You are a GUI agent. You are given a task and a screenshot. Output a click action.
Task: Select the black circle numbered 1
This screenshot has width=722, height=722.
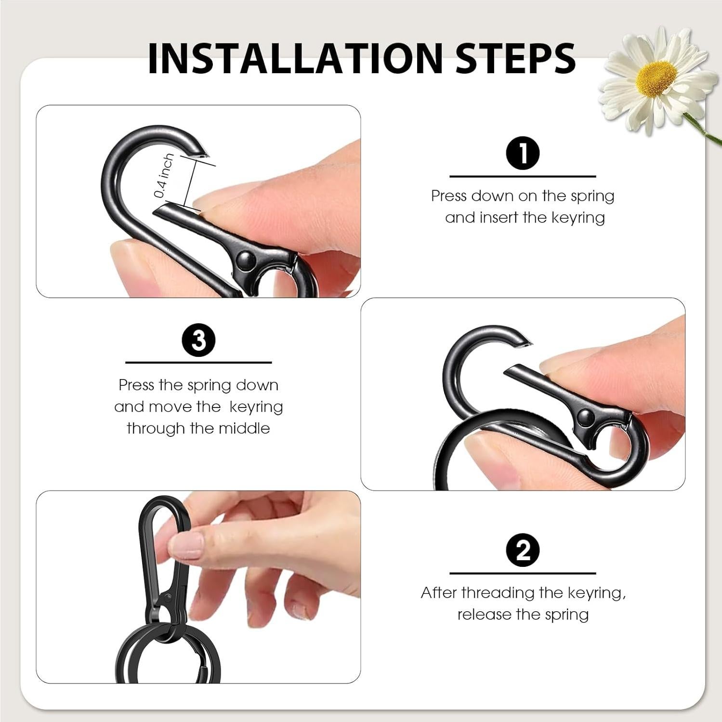[x=523, y=153]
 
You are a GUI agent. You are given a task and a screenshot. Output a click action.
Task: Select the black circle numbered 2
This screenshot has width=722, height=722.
[x=523, y=550]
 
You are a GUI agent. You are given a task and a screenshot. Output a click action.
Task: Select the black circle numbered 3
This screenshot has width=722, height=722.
[x=198, y=341]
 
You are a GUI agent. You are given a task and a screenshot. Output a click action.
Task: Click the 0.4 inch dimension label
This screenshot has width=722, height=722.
[x=164, y=176]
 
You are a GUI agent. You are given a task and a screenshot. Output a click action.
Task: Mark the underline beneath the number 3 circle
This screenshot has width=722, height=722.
[x=198, y=362]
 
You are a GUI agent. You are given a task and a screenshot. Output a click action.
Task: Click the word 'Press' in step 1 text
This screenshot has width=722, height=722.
[x=449, y=196]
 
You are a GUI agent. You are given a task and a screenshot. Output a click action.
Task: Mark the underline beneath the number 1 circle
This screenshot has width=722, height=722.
[x=523, y=176]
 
